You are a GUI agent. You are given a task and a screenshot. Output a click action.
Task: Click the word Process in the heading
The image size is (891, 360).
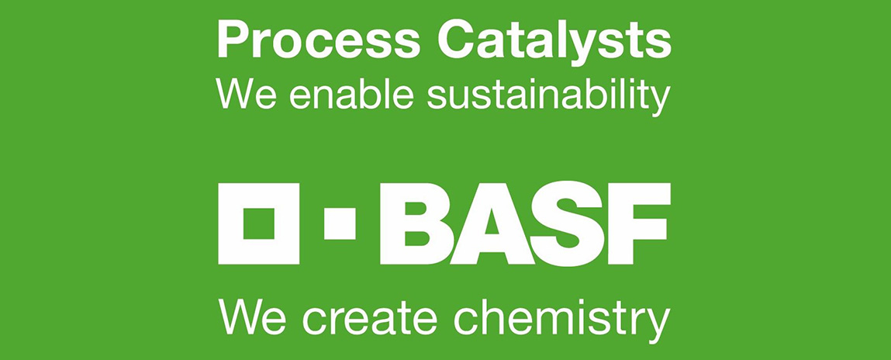pyautogui.click(x=318, y=40)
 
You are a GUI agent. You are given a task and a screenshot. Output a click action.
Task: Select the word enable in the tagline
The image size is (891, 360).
pyautogui.click(x=352, y=95)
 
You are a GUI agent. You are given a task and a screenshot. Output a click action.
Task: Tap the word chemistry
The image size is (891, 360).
pyautogui.click(x=562, y=321)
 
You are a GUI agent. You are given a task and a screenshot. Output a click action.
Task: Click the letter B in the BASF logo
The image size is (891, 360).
pyautogui.click(x=416, y=223)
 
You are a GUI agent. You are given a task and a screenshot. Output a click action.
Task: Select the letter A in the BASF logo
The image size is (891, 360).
pyautogui.click(x=492, y=223)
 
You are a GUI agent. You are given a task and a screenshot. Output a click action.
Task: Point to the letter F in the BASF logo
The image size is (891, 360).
pyautogui.click(x=639, y=223)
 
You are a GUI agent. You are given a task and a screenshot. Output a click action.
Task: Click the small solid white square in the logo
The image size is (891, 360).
pyautogui.click(x=340, y=223)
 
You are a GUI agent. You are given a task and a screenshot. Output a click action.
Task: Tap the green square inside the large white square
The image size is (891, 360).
pyautogui.click(x=259, y=223)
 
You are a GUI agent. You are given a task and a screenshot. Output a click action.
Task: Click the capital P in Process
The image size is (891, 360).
pyautogui.click(x=233, y=40)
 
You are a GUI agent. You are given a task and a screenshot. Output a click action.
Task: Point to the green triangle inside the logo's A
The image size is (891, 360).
pyautogui.click(x=492, y=222)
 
